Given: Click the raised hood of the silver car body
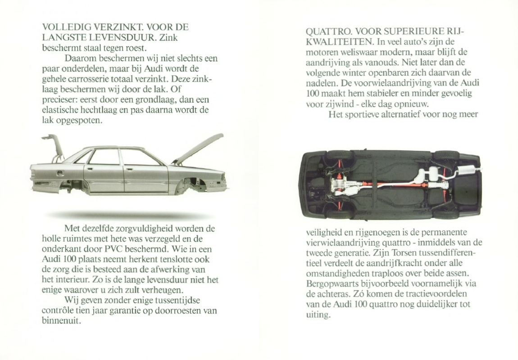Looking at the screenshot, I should [198, 148].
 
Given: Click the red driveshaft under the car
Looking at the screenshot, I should [392, 185].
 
